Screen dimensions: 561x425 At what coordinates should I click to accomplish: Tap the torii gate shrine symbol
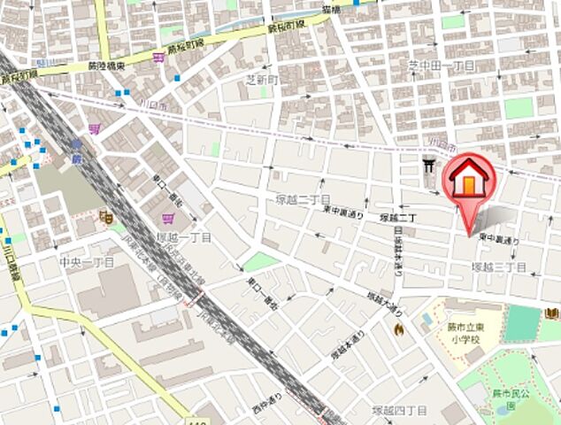pyautogui.click(x=429, y=166)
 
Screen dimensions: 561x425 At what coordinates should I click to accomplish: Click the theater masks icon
pyautogui.click(x=107, y=215)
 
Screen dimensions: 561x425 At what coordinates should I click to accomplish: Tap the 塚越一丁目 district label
pyautogui.click(x=184, y=238)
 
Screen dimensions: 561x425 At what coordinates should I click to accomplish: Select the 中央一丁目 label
pyautogui.click(x=87, y=263)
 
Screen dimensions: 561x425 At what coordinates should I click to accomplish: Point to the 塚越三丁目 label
pyautogui.click(x=499, y=267)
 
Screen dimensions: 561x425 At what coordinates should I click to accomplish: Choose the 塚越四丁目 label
pyautogui.click(x=399, y=410)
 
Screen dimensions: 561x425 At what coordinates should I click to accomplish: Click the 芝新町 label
pyautogui.click(x=262, y=79)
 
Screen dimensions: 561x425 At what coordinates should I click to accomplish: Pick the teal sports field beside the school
pyautogui.click(x=522, y=324)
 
